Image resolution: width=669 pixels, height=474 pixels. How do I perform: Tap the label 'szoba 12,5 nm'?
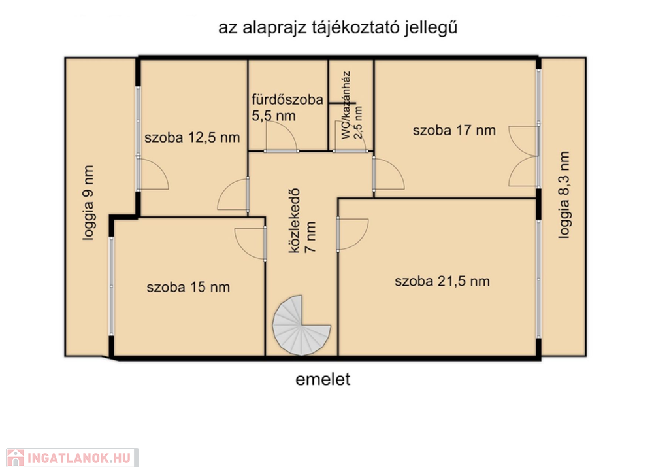192,138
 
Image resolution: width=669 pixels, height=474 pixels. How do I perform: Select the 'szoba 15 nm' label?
188,287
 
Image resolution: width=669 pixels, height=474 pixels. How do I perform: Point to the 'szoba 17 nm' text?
454,130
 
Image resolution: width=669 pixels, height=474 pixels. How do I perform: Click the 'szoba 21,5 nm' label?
442,281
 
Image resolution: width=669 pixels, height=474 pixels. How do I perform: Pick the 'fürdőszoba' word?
287,99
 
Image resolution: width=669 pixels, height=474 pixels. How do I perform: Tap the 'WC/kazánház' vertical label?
346,105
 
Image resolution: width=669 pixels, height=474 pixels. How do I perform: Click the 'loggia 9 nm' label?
88,203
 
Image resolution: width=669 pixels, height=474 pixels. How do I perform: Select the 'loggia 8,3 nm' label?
564,195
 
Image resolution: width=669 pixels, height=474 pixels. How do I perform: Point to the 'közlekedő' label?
295,220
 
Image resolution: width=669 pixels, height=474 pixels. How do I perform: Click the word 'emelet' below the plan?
323,379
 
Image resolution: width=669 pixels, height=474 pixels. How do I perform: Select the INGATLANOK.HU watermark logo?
73,458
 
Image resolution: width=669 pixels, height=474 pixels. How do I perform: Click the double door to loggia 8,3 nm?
524,156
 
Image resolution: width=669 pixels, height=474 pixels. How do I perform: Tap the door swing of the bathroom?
281,137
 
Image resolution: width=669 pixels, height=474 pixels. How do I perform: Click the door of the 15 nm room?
250,243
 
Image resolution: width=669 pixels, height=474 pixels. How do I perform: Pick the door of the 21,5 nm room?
352,235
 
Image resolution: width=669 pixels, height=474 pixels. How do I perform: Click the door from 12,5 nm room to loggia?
153,173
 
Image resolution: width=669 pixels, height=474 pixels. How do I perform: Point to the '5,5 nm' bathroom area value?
274,116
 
